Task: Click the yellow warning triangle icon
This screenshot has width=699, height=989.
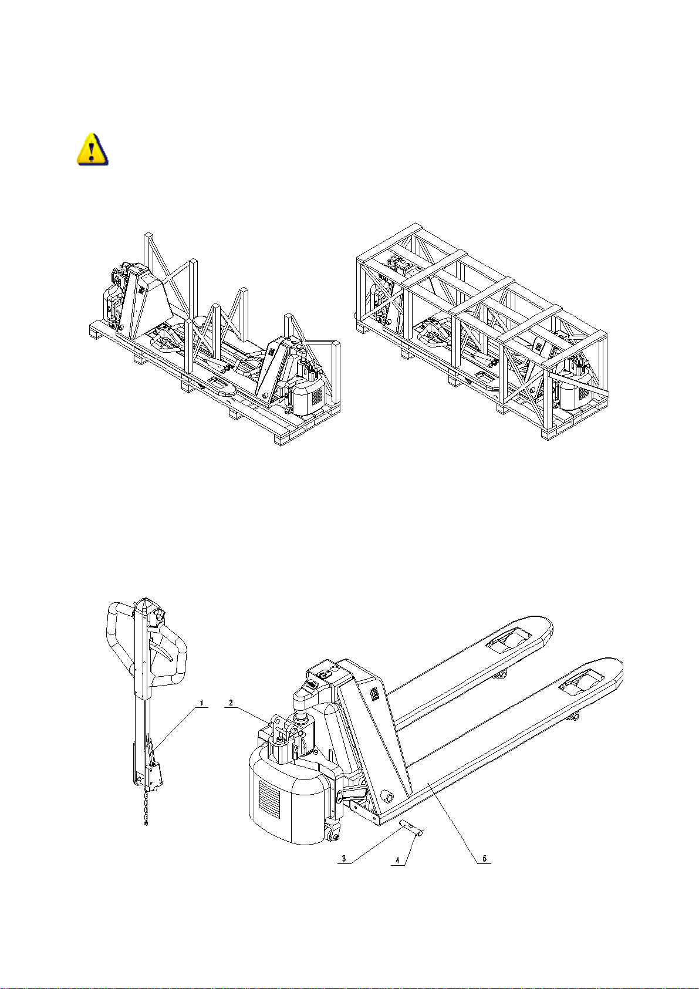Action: (92, 149)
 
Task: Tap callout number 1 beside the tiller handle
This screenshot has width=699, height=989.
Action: (202, 702)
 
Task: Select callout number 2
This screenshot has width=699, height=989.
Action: (231, 702)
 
